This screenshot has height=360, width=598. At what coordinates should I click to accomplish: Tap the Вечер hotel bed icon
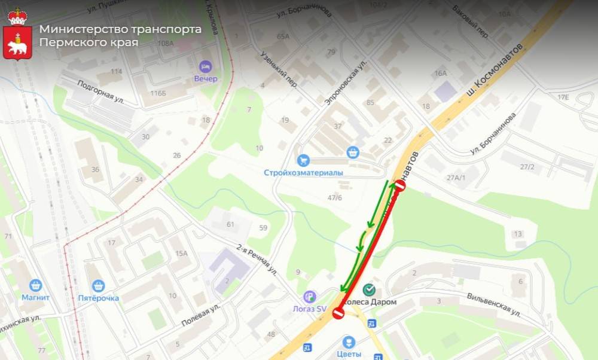pyautogui.click(x=206, y=65)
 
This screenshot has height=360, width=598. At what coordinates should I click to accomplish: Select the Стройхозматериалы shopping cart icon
pyautogui.click(x=303, y=160)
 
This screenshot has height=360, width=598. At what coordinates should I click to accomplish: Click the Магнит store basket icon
pyautogui.click(x=35, y=285)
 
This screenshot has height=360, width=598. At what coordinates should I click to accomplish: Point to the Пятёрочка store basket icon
pyautogui.click(x=98, y=285)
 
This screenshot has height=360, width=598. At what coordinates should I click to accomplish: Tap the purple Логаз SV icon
pyautogui.click(x=309, y=296)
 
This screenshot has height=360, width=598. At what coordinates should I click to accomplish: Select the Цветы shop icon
pyautogui.click(x=349, y=342)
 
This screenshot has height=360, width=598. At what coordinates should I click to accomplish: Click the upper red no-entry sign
pyautogui.click(x=399, y=185)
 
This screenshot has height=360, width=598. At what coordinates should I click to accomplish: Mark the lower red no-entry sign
pyautogui.click(x=338, y=313)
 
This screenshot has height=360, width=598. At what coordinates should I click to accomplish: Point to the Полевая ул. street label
pyautogui.click(x=201, y=315)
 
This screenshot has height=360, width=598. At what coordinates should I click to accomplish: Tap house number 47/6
pyautogui.click(x=335, y=198)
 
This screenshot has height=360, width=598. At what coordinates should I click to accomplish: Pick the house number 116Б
pyautogui.click(x=158, y=93)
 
